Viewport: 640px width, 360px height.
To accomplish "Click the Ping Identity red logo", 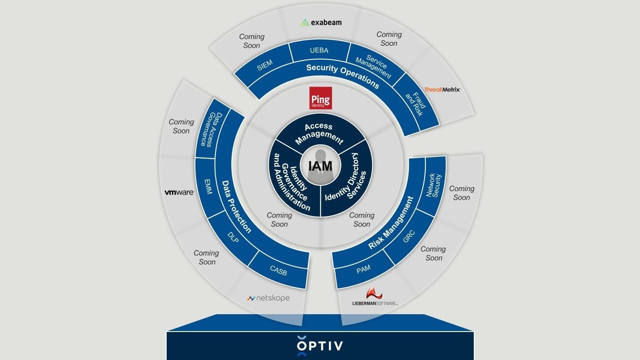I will (x=320, y=98).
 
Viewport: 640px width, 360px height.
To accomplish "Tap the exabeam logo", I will (x=321, y=22).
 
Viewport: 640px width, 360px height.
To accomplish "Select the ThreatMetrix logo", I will (x=442, y=89).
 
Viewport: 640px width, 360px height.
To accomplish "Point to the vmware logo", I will (x=179, y=192).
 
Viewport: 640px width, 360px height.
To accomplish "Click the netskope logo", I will (x=268, y=298).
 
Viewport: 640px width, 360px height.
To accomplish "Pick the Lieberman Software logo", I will (x=375, y=297).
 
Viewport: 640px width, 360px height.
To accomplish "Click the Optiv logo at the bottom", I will (x=320, y=346).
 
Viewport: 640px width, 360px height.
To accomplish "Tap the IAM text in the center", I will (x=320, y=166).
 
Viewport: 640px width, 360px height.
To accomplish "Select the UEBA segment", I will (x=319, y=51).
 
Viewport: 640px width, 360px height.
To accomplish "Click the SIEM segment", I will (x=264, y=65).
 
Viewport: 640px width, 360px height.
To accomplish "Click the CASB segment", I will (x=278, y=270).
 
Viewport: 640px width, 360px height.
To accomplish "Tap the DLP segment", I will (x=233, y=238).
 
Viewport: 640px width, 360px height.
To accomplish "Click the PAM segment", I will (x=364, y=269).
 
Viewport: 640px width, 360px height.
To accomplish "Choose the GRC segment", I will (x=408, y=236).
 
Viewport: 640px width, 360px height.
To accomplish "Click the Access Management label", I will (x=319, y=133).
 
